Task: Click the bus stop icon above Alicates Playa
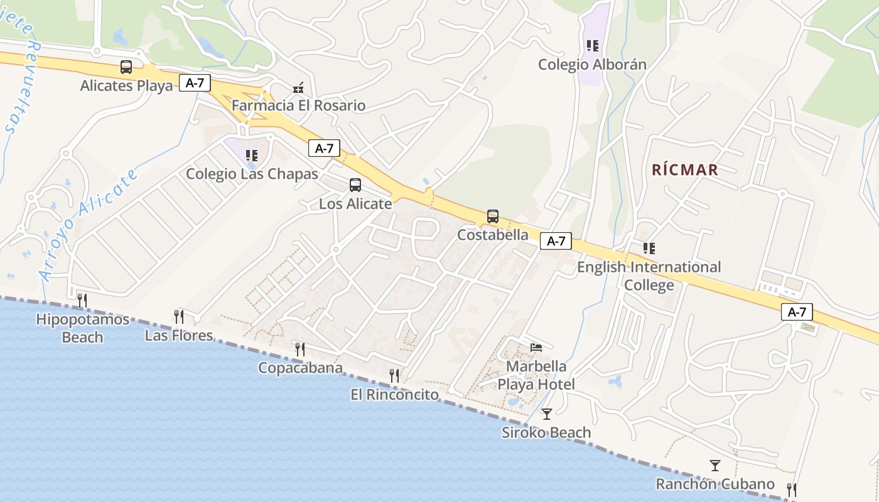(x=126, y=67)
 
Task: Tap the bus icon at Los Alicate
(x=355, y=185)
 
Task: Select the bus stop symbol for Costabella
(x=493, y=216)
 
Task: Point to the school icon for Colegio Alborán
(x=592, y=46)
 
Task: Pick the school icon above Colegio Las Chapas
(x=252, y=155)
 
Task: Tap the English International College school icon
(x=649, y=248)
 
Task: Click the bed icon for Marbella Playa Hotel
(x=536, y=347)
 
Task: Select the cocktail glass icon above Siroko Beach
(x=546, y=414)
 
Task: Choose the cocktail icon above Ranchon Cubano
(x=715, y=466)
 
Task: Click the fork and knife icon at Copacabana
(x=300, y=349)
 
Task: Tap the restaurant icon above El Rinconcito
(x=394, y=376)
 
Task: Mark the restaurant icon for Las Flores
(x=180, y=316)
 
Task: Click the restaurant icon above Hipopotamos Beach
(x=82, y=301)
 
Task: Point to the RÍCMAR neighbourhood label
(x=684, y=170)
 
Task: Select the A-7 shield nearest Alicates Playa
(x=195, y=83)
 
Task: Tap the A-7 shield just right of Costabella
(x=556, y=241)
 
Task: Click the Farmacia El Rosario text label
(x=298, y=105)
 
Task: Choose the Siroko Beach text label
(x=546, y=432)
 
